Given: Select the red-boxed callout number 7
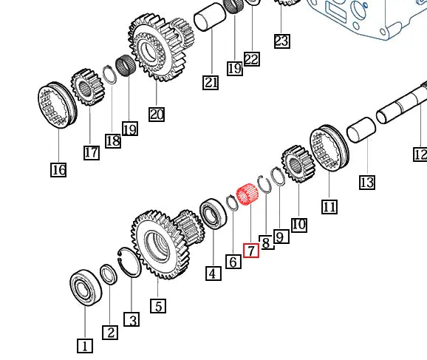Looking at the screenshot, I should point(251,251).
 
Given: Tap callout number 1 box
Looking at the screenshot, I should point(85,345).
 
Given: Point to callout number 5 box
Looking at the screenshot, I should point(157,305).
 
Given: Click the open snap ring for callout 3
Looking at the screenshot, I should point(130,263).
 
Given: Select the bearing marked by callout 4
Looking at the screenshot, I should point(213,215).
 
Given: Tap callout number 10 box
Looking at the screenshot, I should point(298,224).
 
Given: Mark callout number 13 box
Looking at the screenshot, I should point(367,182).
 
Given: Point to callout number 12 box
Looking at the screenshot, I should point(420,154).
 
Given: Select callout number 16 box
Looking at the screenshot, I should point(58,171).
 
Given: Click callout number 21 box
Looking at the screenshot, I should point(211,83).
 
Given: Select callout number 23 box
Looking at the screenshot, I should point(281,41).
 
